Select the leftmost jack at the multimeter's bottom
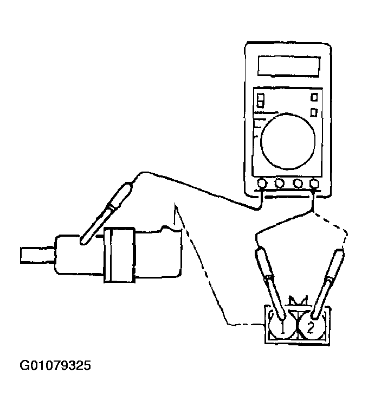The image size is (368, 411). coord(262,184)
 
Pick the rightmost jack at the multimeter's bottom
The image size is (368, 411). coord(314,184)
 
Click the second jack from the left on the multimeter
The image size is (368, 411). coord(280,184)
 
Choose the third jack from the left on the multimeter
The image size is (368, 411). coord(298,184)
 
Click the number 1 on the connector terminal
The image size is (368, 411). coord(282,327)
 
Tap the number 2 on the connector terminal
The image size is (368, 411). coord(310,327)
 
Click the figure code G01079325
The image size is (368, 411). coord(55,365)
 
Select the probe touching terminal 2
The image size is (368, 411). coord(326,284)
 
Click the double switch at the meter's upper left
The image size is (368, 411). coord(261,100)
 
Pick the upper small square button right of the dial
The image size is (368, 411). coord(314,97)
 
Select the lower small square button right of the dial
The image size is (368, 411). coord(314,112)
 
